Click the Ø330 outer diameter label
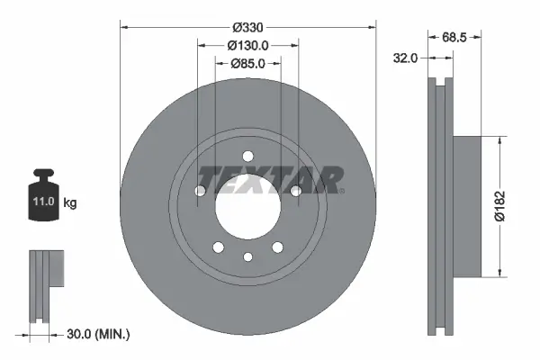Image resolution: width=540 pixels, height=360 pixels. coord(247,27)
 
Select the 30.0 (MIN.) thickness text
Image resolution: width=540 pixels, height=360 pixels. coord(98,334)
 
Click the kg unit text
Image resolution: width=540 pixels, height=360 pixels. coord(70,204)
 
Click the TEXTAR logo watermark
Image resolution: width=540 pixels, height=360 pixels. coord(270,180)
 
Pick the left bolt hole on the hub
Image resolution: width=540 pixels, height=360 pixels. coord(199,190)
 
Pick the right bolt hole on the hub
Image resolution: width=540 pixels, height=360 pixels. coord(295,190)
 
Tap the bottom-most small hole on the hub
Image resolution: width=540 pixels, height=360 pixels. coord(247,259)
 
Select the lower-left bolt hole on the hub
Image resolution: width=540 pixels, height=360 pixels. coord(216,247)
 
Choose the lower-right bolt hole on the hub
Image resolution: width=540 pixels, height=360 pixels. coord(278,247)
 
